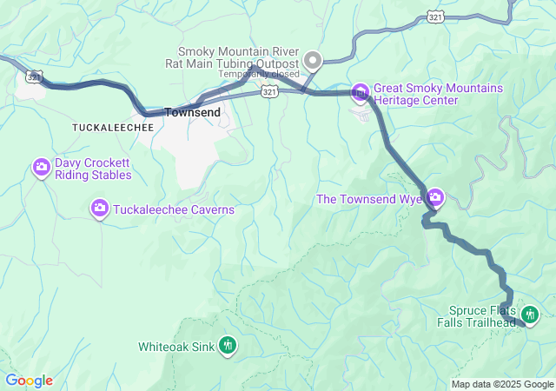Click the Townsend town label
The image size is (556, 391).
click(192, 113)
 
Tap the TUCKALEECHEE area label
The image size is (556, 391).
click(113, 127)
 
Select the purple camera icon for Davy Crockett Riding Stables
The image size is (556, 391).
click(41, 167)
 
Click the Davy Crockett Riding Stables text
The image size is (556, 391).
click(93, 169)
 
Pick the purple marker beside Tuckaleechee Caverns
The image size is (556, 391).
click(100, 207)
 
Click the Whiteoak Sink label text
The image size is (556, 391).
click(176, 347)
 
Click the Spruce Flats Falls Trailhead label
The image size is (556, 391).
click(482, 316)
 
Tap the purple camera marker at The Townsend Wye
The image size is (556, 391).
click(435, 199)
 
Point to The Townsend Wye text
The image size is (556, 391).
click(369, 199)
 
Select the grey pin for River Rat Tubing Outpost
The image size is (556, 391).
click(312, 61)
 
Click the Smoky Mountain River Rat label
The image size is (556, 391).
click(237, 57)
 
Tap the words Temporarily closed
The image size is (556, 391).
click(258, 75)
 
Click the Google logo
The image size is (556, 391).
click(29, 381)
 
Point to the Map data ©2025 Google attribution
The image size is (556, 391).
click(502, 384)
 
